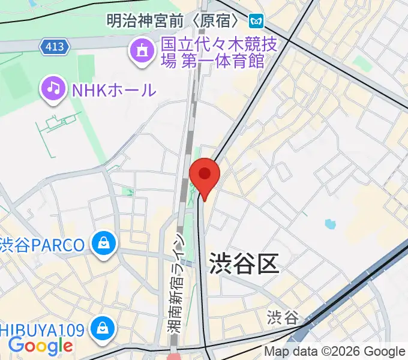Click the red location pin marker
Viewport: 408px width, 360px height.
205,175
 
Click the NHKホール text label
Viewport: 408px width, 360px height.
113,91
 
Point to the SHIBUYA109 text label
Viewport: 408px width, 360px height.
43,329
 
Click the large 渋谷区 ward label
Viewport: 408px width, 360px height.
244,263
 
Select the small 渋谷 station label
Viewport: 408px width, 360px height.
283,317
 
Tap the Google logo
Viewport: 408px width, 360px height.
40,345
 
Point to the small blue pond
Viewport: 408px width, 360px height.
329,225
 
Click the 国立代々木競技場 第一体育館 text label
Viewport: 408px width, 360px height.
213,53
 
